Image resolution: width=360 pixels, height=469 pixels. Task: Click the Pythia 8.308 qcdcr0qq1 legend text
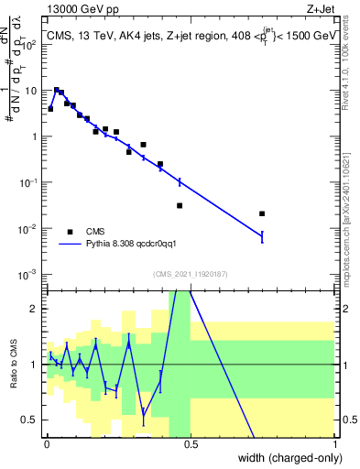[137, 245]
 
